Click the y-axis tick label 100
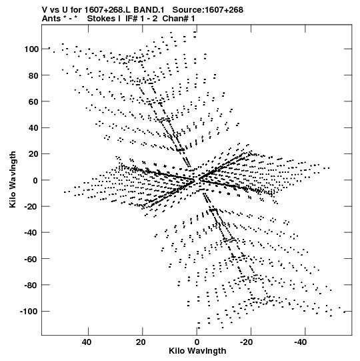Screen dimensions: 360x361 pyautogui.click(x=31, y=49)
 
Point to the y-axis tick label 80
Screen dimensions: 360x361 pyautogui.click(x=33, y=75)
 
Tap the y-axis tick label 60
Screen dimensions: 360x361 pyautogui.click(x=33, y=101)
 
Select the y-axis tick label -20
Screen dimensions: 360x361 pyautogui.click(x=31, y=206)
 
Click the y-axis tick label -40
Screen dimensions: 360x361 pyautogui.click(x=31, y=233)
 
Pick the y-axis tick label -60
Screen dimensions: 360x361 pyautogui.click(x=31, y=259)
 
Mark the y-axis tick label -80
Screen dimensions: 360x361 pyautogui.click(x=31, y=285)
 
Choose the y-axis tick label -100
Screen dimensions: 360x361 pyautogui.click(x=29, y=312)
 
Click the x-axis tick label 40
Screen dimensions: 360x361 pyautogui.click(x=87, y=342)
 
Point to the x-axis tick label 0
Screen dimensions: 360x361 pyautogui.click(x=197, y=342)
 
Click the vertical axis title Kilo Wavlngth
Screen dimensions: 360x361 pyautogui.click(x=13, y=179)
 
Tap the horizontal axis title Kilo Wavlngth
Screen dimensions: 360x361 pyautogui.click(x=197, y=351)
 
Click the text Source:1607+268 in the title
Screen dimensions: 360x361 pyautogui.click(x=208, y=10)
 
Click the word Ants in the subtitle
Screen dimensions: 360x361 pyautogui.click(x=51, y=19)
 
